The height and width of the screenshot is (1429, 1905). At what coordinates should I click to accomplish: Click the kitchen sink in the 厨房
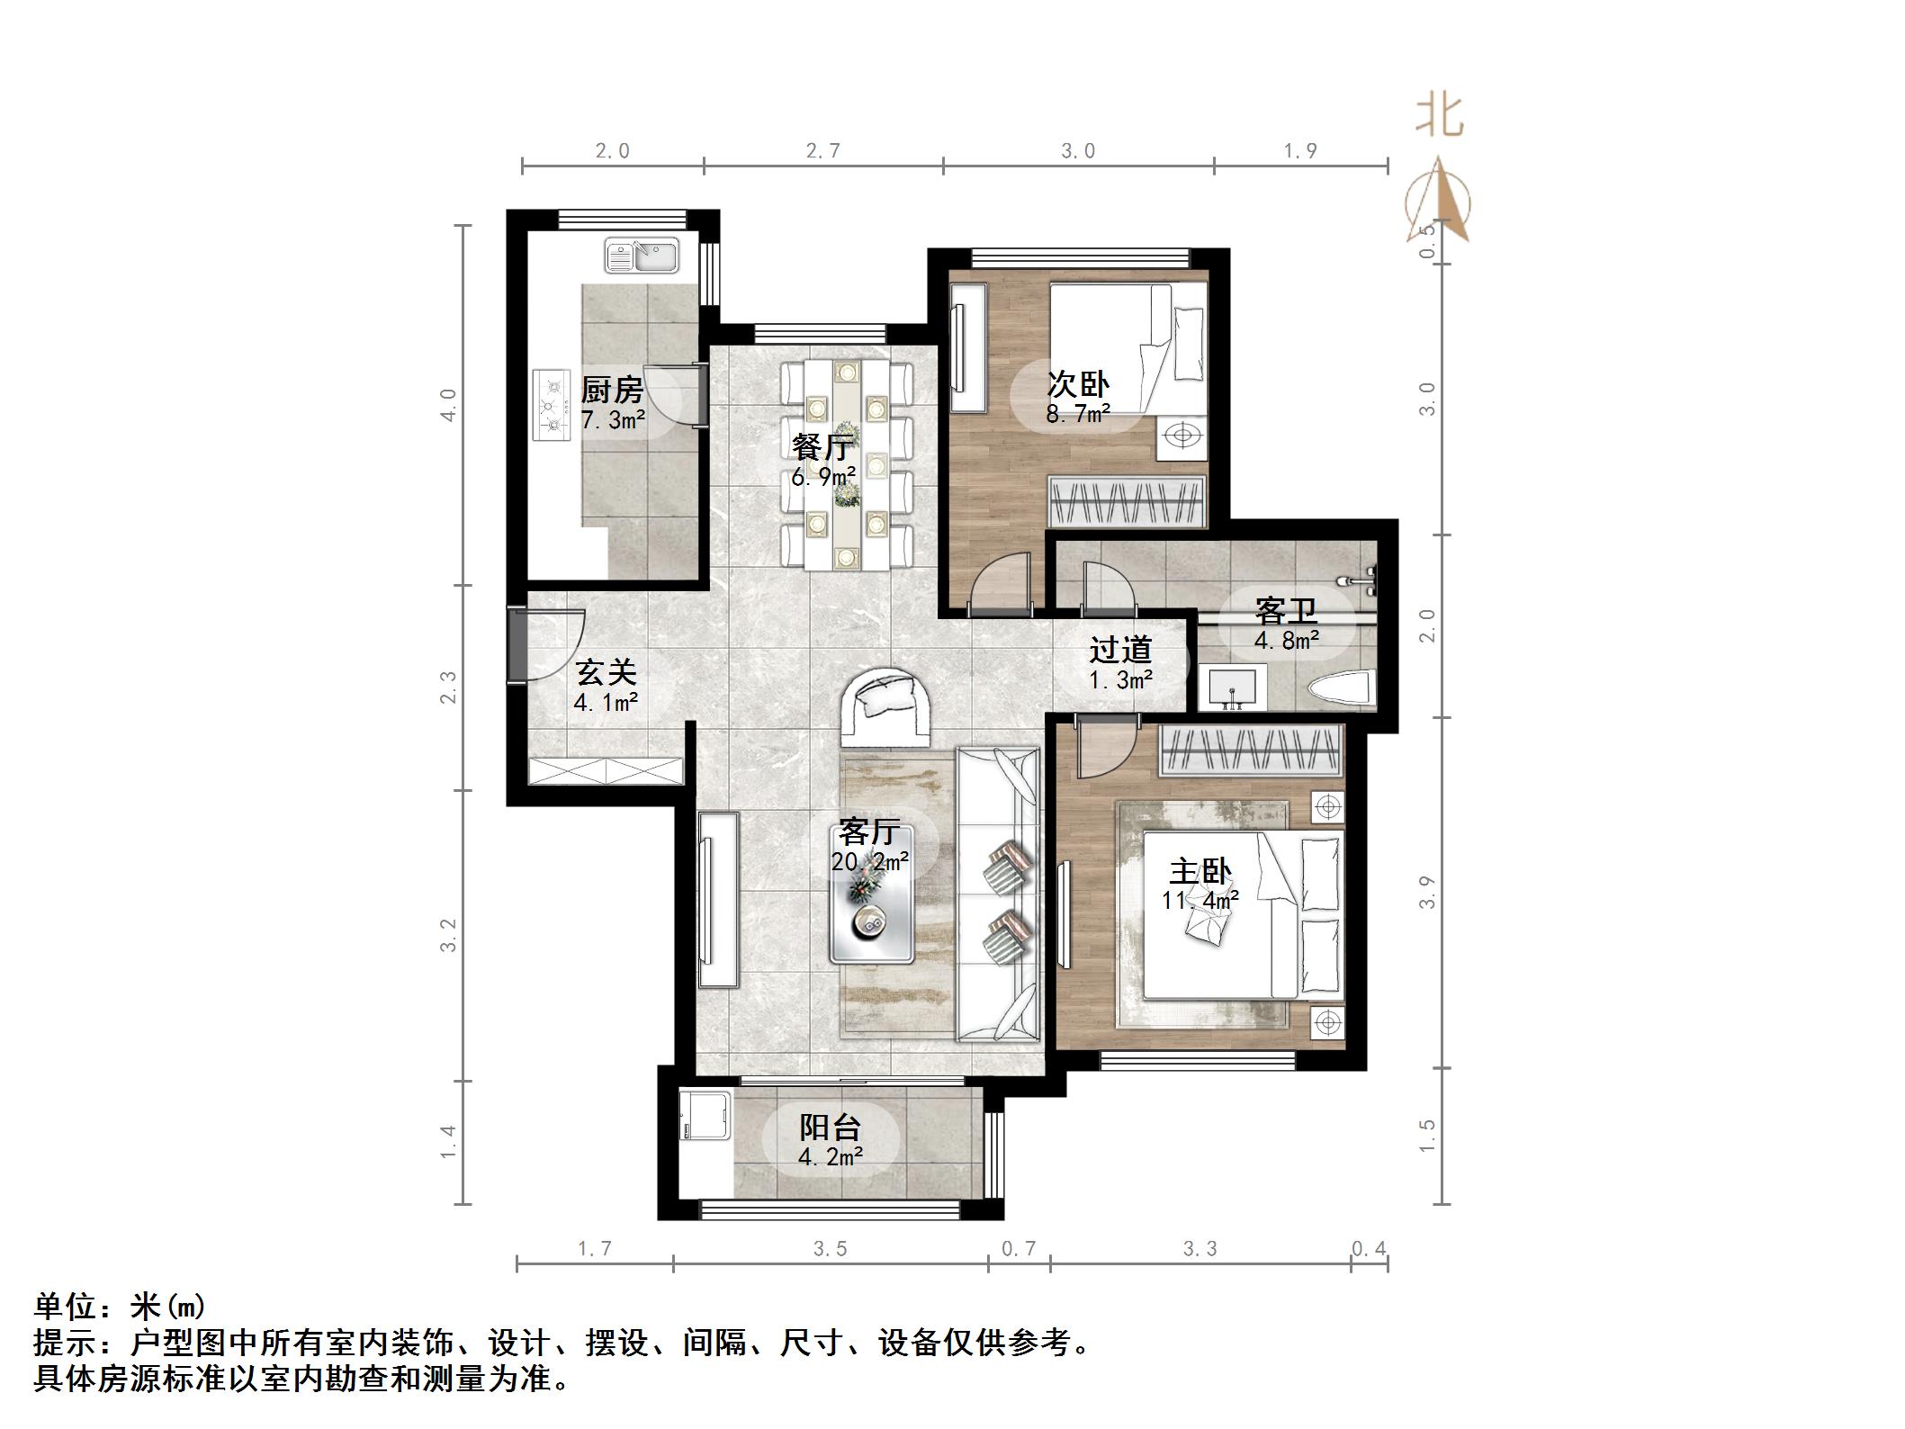641,255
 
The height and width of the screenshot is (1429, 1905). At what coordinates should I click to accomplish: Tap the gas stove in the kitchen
552,405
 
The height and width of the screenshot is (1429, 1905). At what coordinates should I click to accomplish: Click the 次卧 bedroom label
1077,384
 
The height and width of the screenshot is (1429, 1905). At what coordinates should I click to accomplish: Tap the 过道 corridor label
1120,650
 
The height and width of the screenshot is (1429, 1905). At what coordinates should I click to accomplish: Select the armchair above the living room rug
886,708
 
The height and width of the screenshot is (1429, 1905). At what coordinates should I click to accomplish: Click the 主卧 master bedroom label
1200,871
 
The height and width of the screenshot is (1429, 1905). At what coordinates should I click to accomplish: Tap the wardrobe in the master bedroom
1252,750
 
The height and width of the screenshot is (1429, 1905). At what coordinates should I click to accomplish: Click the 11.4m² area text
1200,899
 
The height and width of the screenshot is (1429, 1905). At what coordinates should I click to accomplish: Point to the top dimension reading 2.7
822,151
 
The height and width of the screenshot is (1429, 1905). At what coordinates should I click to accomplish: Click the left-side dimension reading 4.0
448,405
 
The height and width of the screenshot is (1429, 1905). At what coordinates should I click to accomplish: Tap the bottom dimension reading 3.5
830,1248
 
